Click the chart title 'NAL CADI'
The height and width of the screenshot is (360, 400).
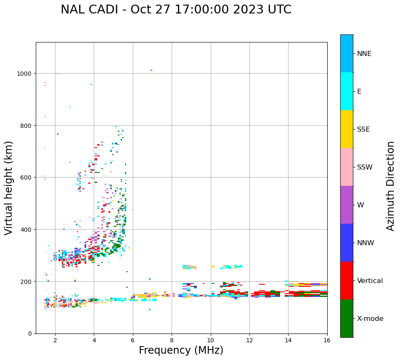point(89,10)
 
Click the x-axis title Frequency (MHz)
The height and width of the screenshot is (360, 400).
point(181,350)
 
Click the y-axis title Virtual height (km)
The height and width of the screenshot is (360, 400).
point(9,188)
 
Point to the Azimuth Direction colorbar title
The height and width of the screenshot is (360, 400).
point(391,186)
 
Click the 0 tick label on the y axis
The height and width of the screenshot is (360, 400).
point(29,334)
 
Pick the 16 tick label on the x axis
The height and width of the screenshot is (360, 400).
point(327,341)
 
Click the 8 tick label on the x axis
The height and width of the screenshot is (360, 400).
point(172,341)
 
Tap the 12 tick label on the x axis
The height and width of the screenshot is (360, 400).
point(249,341)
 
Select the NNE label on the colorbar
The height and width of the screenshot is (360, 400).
point(364,54)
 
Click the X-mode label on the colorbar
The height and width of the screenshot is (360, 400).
point(370,319)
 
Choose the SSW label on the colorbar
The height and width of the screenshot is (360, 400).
point(365,167)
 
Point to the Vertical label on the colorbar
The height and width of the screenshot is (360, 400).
point(370,281)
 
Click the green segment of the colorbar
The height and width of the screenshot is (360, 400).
point(347,318)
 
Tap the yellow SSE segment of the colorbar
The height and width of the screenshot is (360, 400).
point(347,129)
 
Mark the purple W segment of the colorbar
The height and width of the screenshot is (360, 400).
point(347,205)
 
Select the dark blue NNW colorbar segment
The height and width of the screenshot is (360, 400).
point(347,243)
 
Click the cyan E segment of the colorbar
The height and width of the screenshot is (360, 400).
point(347,91)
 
